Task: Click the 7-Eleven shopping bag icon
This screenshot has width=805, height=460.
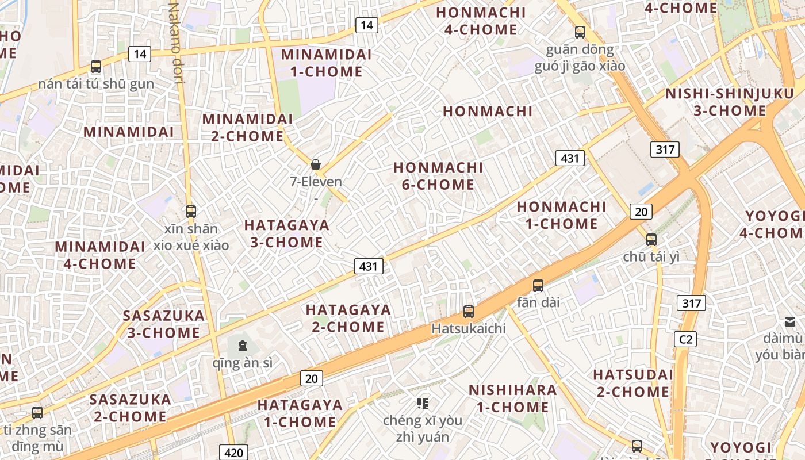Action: click(316, 164)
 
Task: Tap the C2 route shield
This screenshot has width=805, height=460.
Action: click(685, 339)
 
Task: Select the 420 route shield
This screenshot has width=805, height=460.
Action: click(233, 453)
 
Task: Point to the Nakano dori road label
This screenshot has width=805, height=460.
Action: click(177, 43)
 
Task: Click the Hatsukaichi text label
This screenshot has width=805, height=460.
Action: click(469, 329)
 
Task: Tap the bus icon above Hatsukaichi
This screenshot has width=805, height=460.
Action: click(469, 312)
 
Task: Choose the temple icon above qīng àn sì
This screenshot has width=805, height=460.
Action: click(243, 346)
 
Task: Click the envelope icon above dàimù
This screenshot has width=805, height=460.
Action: click(789, 322)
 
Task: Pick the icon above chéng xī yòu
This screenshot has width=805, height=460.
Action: click(423, 404)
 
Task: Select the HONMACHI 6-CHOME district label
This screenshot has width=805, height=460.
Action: click(438, 176)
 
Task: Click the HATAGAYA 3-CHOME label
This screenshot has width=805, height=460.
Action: click(287, 233)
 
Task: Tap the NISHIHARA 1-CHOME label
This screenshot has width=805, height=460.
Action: click(512, 398)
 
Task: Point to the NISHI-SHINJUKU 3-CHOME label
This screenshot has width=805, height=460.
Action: click(730, 102)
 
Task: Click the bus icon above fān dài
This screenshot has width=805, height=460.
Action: click(538, 285)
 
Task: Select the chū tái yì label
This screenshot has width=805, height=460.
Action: click(651, 256)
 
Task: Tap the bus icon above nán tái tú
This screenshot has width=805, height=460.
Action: click(96, 67)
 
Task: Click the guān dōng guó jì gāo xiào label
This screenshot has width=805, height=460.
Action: click(580, 57)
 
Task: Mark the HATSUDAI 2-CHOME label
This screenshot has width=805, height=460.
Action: click(633, 384)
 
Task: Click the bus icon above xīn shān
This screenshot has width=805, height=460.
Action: click(191, 212)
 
